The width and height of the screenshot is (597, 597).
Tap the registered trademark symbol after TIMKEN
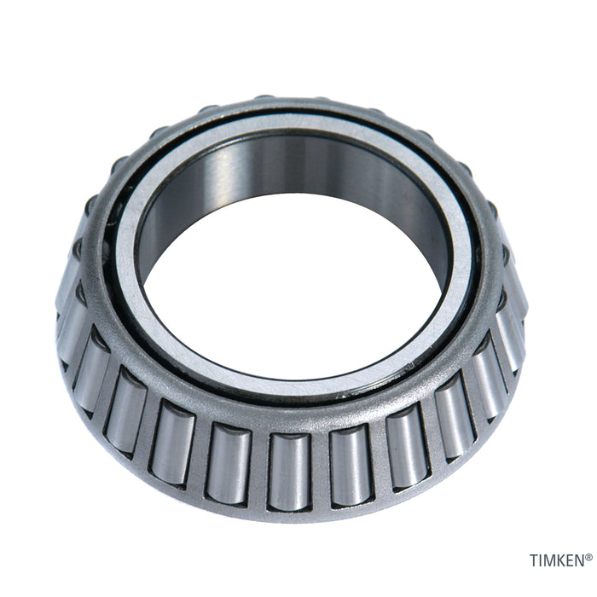tap(588, 557)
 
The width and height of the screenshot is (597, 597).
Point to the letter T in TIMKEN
tap(534, 561)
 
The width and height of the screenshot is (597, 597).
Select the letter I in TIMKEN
tap(542, 561)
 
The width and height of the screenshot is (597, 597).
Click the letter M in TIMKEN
tap(550, 561)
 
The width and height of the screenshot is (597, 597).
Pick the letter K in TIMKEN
tap(561, 561)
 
